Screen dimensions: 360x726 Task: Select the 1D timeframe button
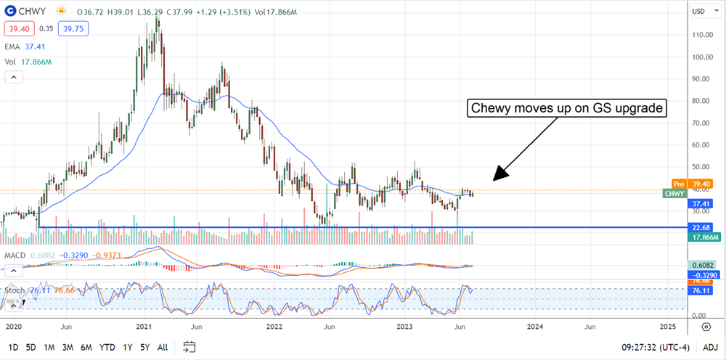[x=13, y=347]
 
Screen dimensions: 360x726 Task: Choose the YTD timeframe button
[x=107, y=347]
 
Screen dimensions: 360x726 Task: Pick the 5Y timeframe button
[x=146, y=347]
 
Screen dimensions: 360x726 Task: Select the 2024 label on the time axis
[x=535, y=327]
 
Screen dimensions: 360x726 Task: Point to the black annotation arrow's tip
[x=494, y=180]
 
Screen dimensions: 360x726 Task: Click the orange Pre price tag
[x=677, y=184]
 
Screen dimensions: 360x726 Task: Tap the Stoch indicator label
[x=13, y=290]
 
